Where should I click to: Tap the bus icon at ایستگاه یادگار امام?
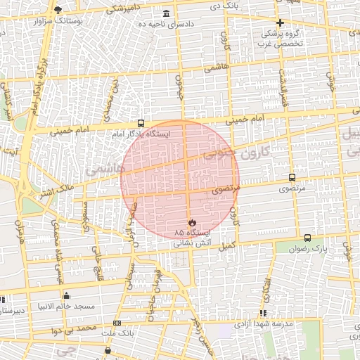141,123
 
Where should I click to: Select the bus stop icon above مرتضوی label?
292,178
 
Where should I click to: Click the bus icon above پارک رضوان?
308,238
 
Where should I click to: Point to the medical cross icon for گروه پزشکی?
280,22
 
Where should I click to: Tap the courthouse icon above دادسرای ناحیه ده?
166,14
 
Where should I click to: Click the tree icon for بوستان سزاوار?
58,10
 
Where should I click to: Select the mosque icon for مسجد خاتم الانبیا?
66,296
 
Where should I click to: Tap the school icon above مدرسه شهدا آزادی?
263,313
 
